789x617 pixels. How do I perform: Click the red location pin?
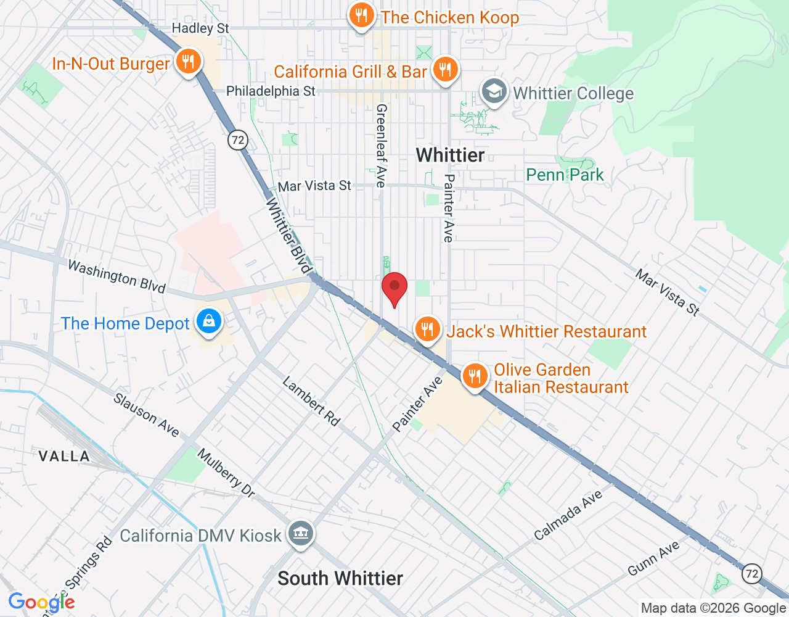[394, 288]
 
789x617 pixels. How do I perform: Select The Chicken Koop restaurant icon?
[362, 15]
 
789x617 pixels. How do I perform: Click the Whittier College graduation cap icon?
[494, 92]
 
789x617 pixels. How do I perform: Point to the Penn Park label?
[565, 175]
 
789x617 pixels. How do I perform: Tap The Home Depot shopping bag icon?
[209, 322]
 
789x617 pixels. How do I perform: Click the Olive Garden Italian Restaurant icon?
[474, 375]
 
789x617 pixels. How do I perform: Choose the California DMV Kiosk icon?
[300, 534]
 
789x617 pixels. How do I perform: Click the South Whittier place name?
[340, 578]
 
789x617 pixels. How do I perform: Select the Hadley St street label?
[200, 28]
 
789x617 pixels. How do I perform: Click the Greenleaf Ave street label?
[382, 146]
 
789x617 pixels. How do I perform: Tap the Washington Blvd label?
[117, 276]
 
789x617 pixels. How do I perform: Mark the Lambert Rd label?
[311, 402]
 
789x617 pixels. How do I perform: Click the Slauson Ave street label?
[146, 415]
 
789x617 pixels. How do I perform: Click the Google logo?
[41, 602]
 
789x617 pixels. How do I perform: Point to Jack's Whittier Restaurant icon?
[427, 329]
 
